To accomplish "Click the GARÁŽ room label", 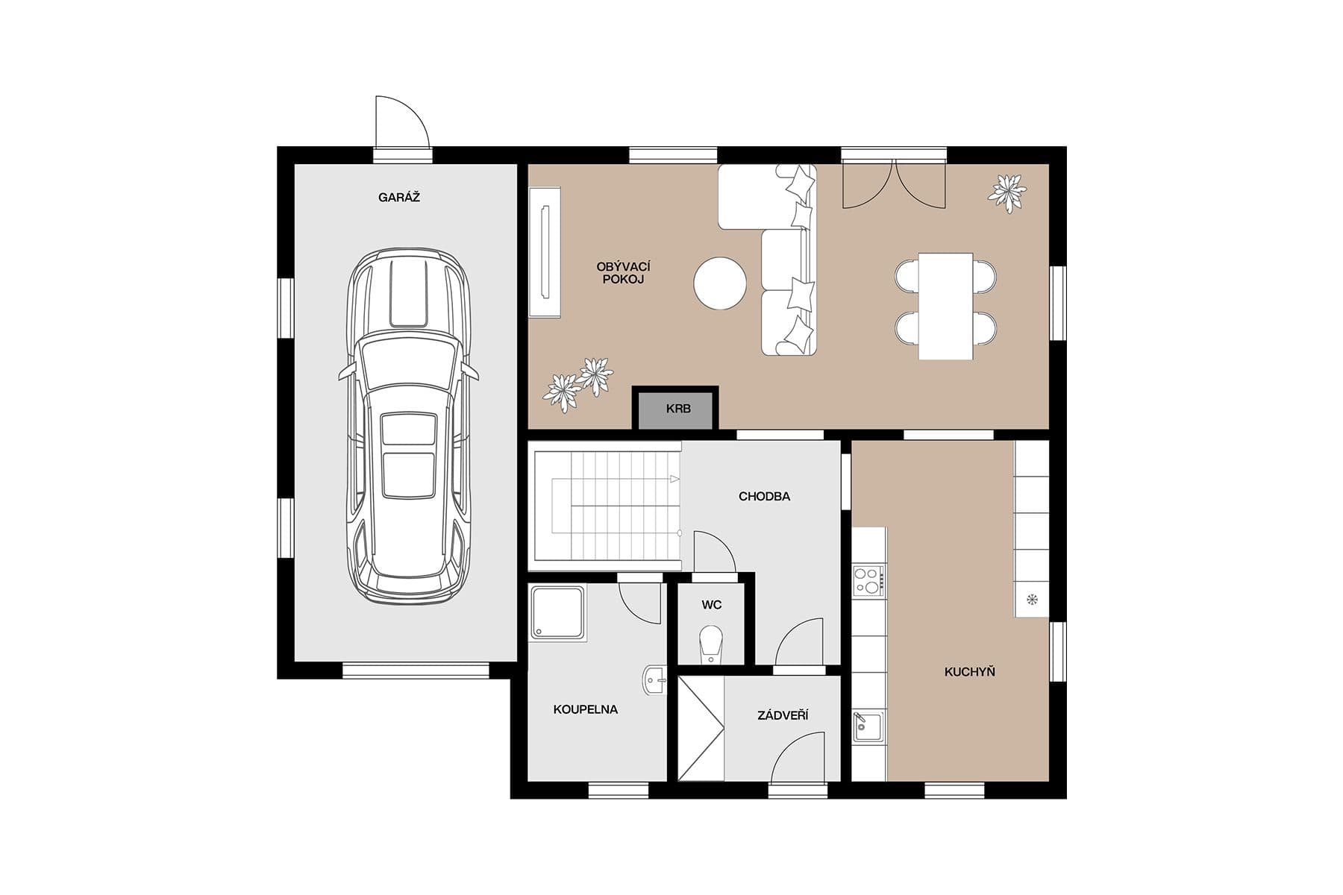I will (398, 198).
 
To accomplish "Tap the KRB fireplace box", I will (677, 409).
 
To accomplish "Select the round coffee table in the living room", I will (719, 283).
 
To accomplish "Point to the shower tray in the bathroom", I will (557, 612).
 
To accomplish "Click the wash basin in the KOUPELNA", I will (654, 680).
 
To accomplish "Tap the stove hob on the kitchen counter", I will (868, 580).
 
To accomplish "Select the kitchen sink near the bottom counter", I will (868, 726).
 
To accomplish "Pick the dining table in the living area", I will (945, 306).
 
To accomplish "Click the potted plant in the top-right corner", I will (1007, 192).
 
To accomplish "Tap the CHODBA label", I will (764, 496).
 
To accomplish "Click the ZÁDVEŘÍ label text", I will (783, 715).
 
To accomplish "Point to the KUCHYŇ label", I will (969, 671).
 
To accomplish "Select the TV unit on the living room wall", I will (545, 252).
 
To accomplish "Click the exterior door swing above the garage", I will (400, 124).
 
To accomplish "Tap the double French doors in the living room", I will (894, 183).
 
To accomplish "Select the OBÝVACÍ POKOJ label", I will (623, 273).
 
